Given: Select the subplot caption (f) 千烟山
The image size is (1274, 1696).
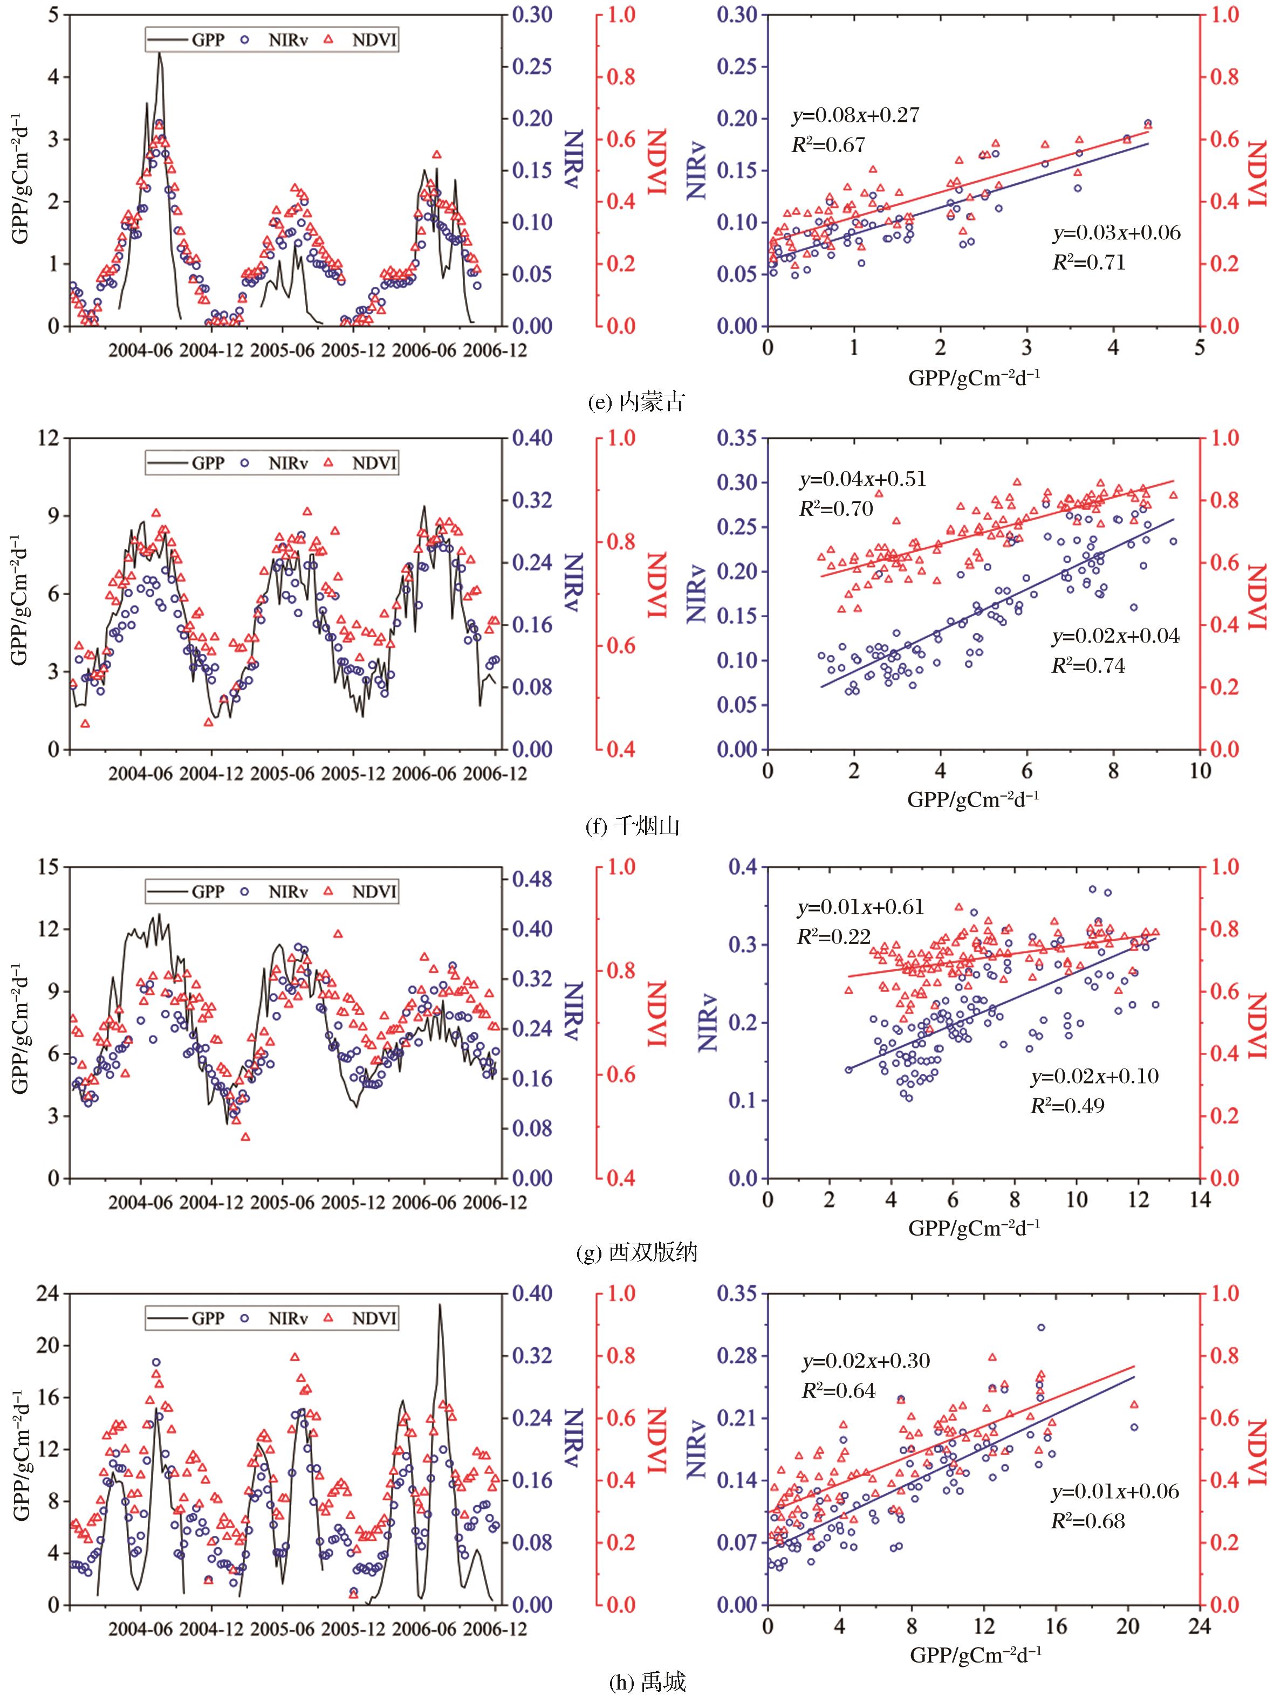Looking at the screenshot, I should click(636, 826).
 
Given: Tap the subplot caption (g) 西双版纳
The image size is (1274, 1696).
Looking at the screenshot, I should click(636, 1252).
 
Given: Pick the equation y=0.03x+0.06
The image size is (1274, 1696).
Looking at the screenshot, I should click(1116, 233).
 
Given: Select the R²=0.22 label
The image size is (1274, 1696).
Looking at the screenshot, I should click(834, 936).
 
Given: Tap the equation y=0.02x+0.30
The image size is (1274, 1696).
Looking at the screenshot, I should click(866, 1360).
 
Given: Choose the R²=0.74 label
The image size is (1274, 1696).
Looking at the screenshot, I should click(1087, 666).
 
